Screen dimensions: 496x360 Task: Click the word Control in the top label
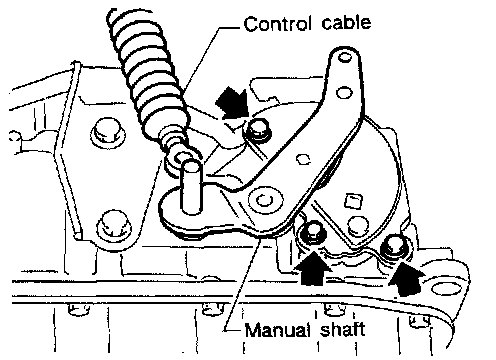pos(278,24)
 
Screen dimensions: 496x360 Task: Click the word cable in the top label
pos(346,23)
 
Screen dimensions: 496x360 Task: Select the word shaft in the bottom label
pos(342,329)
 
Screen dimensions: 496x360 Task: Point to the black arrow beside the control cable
pos(233,103)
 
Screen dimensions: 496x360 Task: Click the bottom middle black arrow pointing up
pos(313,269)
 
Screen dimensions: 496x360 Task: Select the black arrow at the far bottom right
pos(406,278)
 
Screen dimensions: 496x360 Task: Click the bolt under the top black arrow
pos(258,130)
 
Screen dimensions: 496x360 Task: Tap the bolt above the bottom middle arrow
pos(312,232)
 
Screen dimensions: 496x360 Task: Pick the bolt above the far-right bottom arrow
pos(395,246)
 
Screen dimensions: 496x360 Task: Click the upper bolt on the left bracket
pos(107,132)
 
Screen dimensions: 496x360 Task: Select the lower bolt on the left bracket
pos(114,225)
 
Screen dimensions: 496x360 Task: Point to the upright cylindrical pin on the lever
pos(191,186)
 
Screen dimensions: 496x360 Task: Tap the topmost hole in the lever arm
pos(345,58)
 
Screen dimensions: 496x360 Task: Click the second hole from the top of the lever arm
pos(344,92)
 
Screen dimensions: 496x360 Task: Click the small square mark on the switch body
pos(353,201)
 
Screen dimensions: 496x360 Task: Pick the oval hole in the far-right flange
pos(446,288)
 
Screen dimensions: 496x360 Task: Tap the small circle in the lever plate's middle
pos(303,159)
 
